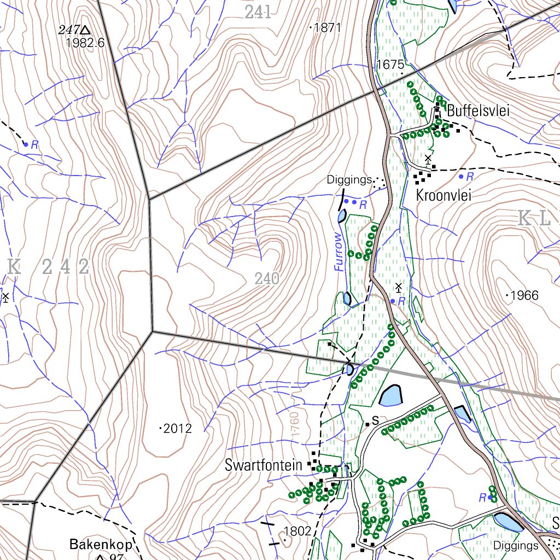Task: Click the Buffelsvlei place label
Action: click(478, 111)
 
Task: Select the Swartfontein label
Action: click(263, 465)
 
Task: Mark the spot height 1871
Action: click(328, 28)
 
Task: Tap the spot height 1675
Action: click(390, 65)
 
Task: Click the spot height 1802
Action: click(297, 530)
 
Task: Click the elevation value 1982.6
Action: click(85, 43)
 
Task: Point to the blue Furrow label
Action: click(340, 252)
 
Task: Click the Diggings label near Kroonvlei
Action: click(349, 179)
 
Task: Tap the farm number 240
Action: click(267, 279)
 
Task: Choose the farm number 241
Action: click(258, 13)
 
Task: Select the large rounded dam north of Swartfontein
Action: click(390, 395)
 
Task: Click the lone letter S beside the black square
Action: click(375, 421)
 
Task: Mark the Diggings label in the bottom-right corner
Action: click(516, 545)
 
